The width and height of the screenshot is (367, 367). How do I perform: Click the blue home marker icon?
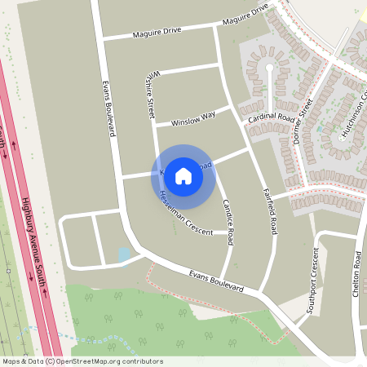pyautogui.click(x=183, y=176)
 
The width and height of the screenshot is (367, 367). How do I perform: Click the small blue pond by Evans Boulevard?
pyautogui.click(x=124, y=254)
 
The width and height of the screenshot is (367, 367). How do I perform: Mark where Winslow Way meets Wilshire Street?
pyautogui.click(x=154, y=126)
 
